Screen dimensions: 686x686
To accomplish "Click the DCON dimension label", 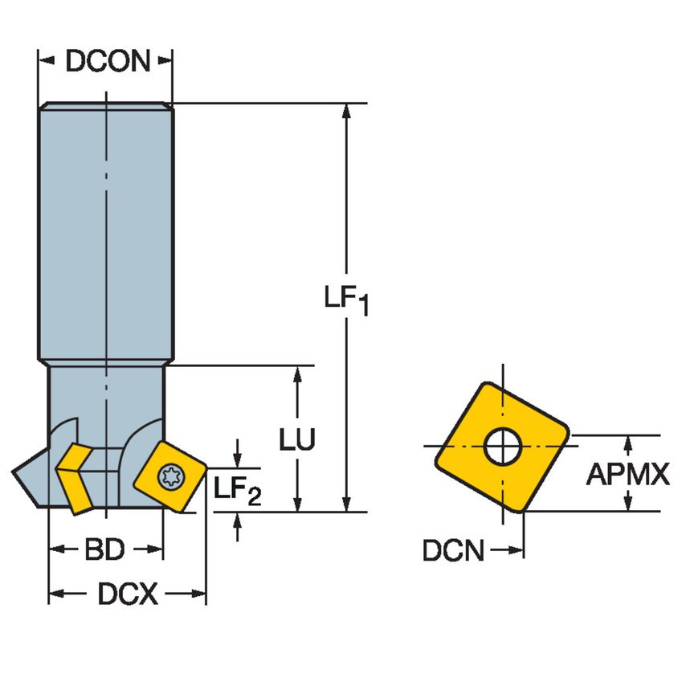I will coord(108,61).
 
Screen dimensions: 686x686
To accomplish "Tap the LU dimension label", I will coord(297,439).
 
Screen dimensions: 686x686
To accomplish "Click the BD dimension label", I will coord(104,550).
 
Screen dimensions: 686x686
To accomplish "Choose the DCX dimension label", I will coord(128,594).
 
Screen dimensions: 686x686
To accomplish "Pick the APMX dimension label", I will coord(627,475).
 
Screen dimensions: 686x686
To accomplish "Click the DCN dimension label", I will coord(454,551).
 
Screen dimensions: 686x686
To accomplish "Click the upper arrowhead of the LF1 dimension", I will coord(346,112).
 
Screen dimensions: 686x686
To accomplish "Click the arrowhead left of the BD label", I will coord(57,550).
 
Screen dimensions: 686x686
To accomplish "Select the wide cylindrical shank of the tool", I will coord(105,233).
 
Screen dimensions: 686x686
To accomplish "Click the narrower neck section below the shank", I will coord(105,394).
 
